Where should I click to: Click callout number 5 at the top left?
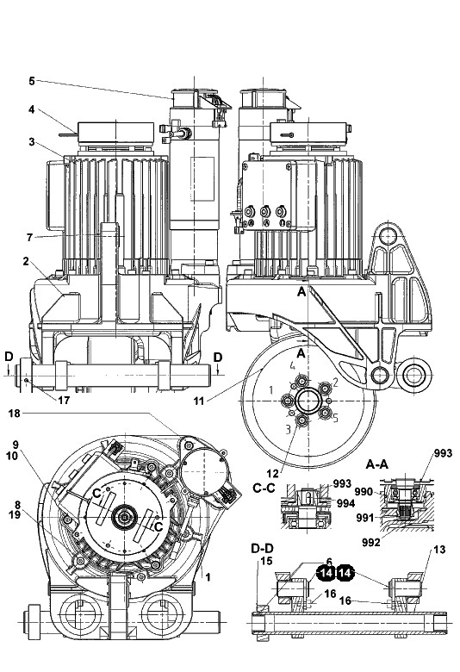(32, 81)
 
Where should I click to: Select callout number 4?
(32, 109)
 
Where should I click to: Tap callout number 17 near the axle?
(64, 401)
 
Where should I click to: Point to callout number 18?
(15, 414)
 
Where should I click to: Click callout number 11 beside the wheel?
(198, 401)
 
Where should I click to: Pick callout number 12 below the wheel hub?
(272, 474)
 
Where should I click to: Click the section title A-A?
(377, 464)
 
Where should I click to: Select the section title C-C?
(264, 488)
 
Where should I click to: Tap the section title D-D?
(263, 548)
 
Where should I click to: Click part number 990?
(364, 492)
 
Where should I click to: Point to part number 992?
(371, 542)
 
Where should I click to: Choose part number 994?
(345, 503)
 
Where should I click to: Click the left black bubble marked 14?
(326, 573)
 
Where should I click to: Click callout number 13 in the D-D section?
(440, 550)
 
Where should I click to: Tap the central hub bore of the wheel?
(308, 401)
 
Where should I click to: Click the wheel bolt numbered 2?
(326, 389)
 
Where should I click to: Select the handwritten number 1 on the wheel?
(270, 390)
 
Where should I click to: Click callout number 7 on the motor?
(29, 237)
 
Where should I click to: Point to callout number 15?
(267, 561)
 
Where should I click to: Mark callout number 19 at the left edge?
(15, 514)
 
